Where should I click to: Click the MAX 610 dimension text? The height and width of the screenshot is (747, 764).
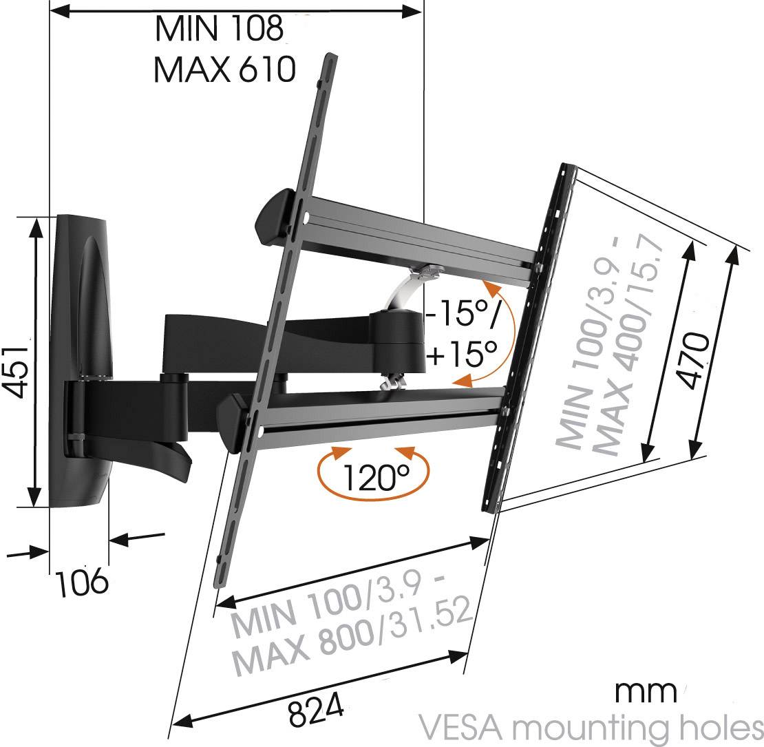(x=224, y=69)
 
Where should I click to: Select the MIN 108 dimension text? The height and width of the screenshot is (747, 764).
(x=219, y=29)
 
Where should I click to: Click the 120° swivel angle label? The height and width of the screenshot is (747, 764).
(x=372, y=474)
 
